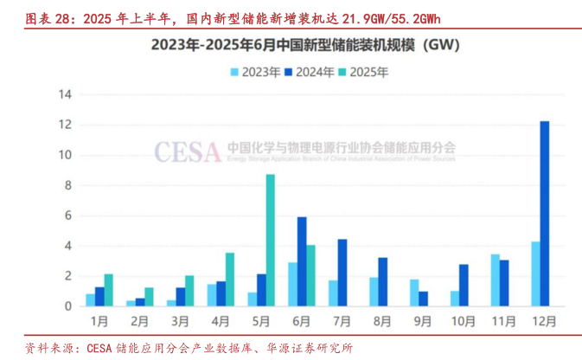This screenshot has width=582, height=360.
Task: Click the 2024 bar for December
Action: [544, 214]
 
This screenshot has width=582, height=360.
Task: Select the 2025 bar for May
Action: [271, 240]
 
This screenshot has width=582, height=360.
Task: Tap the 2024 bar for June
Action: [302, 260]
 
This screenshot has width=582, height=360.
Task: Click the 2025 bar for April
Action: [230, 279]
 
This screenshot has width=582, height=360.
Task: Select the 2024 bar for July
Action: [342, 272]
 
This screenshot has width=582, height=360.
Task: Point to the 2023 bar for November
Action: [495, 280]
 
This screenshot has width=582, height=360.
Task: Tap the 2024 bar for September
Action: [423, 298]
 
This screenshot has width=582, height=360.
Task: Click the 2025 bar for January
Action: [109, 289]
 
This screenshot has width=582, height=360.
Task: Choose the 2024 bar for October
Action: [464, 285]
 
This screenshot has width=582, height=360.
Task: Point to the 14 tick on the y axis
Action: [64, 95]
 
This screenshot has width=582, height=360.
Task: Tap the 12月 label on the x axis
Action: [540, 320]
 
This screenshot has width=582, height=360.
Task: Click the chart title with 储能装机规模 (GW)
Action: [291, 43]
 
